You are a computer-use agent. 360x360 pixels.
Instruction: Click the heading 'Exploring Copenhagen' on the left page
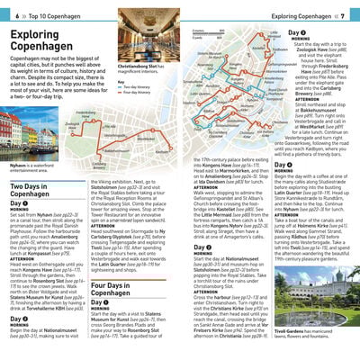44,42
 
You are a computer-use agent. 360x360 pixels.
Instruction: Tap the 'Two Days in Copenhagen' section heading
32,194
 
